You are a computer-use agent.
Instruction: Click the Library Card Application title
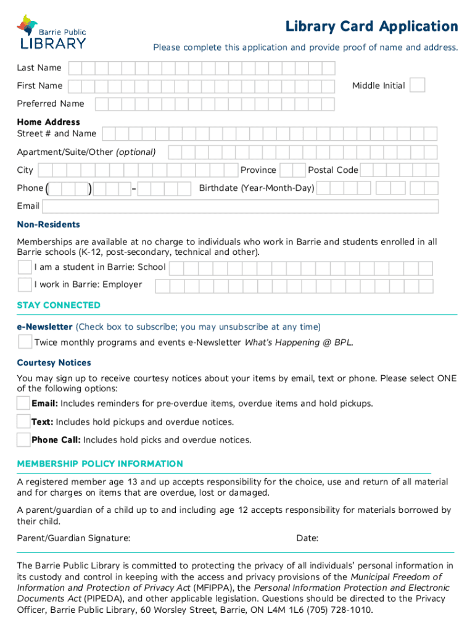click(371, 27)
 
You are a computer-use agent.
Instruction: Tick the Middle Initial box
click(418, 85)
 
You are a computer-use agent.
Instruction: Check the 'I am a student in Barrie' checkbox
click(25, 267)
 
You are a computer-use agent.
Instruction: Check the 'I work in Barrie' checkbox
click(25, 285)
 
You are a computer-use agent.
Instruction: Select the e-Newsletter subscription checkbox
click(25, 342)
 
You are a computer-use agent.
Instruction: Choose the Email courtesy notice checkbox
click(23, 404)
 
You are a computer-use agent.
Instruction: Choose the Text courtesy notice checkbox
click(23, 422)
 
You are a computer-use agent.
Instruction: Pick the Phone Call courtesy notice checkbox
click(23, 440)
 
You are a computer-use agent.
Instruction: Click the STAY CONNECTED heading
click(59, 306)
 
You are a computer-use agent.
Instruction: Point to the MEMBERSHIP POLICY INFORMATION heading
click(100, 464)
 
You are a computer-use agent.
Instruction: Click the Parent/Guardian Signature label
click(73, 538)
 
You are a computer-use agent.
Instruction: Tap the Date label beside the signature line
click(307, 538)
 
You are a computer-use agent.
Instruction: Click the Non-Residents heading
click(49, 225)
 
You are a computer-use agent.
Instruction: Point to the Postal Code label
click(333, 170)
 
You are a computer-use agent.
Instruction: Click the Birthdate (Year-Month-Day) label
click(257, 188)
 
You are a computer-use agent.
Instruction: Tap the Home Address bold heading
click(49, 122)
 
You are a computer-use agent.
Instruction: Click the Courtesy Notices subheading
click(54, 363)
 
